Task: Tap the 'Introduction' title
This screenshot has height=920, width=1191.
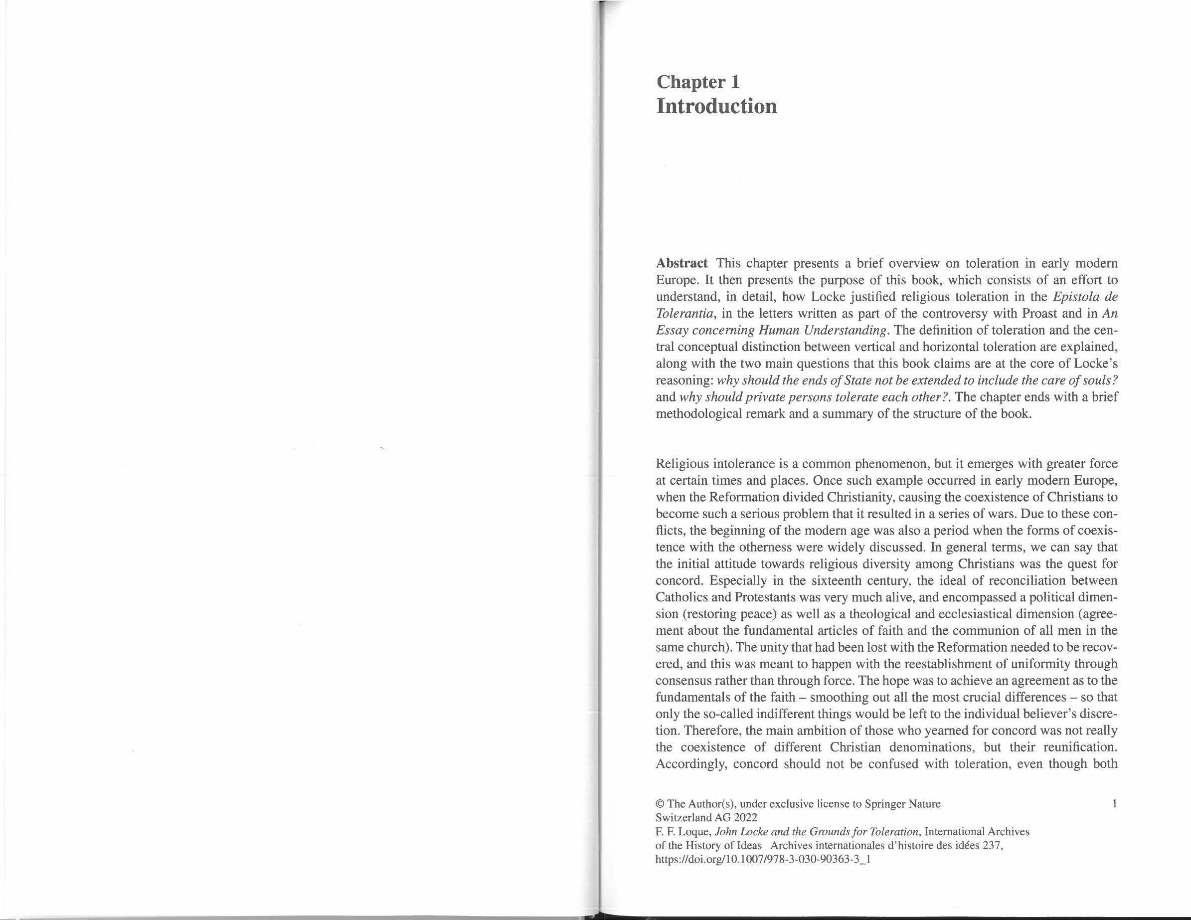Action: click(x=716, y=106)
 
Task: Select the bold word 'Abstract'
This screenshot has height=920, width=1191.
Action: click(x=681, y=263)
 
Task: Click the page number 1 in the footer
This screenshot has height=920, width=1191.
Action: click(x=1115, y=803)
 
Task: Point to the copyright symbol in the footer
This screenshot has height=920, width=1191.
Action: click(x=659, y=804)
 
